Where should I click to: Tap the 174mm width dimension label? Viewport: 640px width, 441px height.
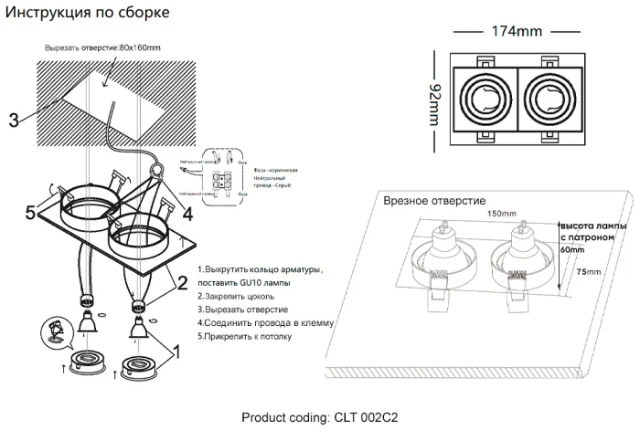click(x=517, y=32)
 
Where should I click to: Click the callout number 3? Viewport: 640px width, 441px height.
click(x=13, y=120)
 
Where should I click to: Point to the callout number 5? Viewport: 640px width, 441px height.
click(x=30, y=212)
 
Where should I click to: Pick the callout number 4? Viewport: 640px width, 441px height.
click(x=187, y=215)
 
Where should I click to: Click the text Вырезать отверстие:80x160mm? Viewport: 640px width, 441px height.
click(x=101, y=47)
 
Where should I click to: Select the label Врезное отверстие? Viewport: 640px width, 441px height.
click(x=434, y=200)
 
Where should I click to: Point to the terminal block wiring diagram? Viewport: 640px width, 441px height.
click(x=219, y=173)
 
